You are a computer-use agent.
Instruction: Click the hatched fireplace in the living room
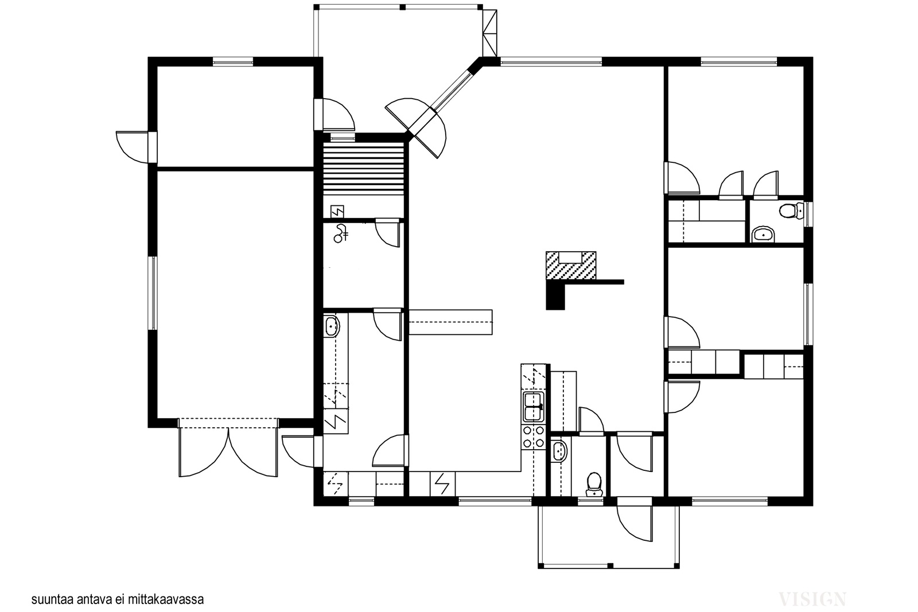click(x=570, y=266)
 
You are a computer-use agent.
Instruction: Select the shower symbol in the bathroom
click(x=341, y=233)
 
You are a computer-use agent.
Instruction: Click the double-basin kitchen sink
click(x=533, y=407)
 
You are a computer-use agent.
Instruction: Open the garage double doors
click(x=228, y=448)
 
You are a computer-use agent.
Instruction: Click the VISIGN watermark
click(x=812, y=599)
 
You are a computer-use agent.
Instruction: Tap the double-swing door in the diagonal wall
click(x=416, y=128)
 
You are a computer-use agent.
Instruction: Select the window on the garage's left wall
click(x=153, y=293)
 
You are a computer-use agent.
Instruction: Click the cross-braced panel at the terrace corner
click(x=490, y=33)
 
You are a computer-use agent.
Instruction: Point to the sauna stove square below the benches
click(x=337, y=212)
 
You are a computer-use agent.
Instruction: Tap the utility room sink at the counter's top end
click(x=332, y=326)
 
